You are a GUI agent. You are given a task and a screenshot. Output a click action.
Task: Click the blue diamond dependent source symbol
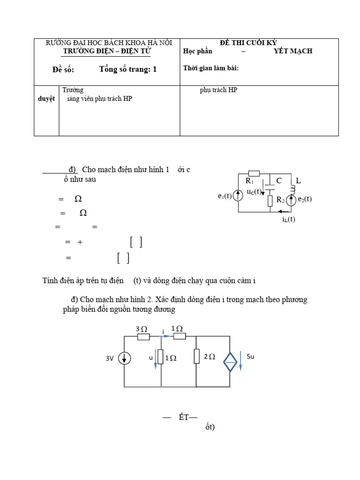click(230, 362)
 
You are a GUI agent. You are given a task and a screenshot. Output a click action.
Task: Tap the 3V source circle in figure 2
click(124, 359)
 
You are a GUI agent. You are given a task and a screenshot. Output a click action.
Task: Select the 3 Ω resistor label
click(141, 329)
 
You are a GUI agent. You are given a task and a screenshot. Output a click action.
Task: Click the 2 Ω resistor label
click(209, 357)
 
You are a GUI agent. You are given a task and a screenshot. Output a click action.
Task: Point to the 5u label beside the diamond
click(250, 357)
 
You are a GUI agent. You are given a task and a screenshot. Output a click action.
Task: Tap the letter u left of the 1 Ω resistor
click(151, 357)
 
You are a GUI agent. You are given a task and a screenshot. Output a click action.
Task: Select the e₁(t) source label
click(225, 196)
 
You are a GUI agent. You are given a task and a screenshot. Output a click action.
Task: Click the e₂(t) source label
click(305, 199)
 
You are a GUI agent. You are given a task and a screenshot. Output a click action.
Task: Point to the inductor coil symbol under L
click(293, 189)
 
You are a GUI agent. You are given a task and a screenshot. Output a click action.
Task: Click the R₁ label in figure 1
click(249, 181)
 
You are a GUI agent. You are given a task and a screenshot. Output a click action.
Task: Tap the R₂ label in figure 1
click(280, 200)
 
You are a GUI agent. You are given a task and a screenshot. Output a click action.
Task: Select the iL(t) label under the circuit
click(289, 219)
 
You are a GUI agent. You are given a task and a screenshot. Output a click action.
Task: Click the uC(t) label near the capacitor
click(254, 191)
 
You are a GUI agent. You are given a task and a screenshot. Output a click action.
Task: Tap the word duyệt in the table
click(46, 98)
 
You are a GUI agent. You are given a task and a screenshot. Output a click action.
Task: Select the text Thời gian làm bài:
click(211, 68)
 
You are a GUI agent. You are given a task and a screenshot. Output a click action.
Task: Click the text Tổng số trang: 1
click(128, 69)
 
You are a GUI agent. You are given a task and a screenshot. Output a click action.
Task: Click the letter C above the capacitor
click(279, 180)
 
